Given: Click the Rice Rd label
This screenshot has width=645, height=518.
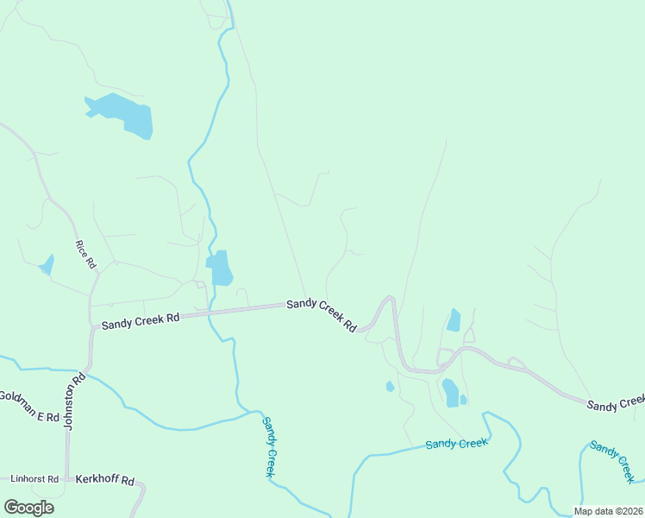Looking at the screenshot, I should [85, 254].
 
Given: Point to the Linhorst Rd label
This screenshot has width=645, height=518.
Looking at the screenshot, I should [34, 478].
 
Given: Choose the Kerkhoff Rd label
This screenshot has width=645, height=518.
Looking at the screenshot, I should [106, 479].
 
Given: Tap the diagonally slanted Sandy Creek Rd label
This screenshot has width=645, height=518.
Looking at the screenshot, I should [322, 314].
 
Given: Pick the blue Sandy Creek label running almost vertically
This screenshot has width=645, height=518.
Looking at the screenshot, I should [269, 446].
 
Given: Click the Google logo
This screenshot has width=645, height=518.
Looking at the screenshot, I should [28, 508].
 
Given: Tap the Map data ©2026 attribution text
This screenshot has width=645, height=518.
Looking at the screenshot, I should [608, 511].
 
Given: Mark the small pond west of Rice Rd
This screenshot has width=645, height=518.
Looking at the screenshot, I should [47, 265].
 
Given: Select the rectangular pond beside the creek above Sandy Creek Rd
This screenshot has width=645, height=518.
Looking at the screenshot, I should [220, 268].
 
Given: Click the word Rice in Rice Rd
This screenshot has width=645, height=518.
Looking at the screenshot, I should [82, 249].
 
